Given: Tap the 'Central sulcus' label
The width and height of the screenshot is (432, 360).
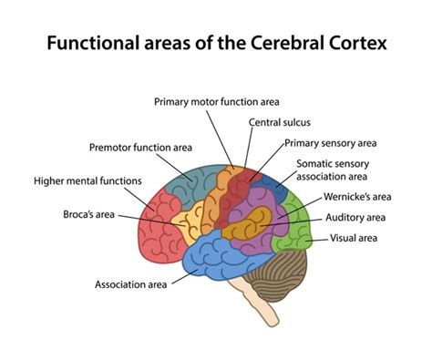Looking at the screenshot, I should [277, 121].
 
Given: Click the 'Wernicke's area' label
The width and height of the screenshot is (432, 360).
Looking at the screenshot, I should [356, 197].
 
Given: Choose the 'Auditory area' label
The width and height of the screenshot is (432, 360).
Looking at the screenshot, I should [355, 218].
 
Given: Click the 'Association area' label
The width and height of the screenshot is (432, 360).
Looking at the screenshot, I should [131, 284].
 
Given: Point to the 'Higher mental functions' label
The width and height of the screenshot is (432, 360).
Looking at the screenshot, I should [87, 180].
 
